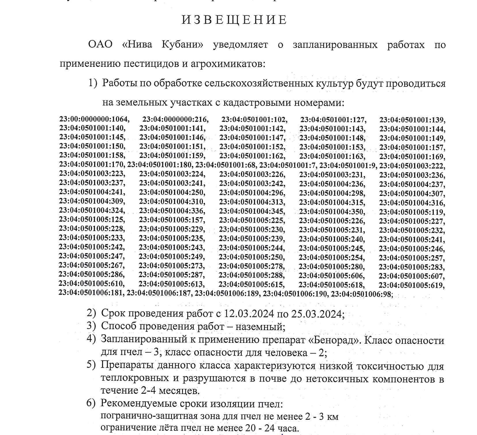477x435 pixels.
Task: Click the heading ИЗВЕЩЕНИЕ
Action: click(234, 20)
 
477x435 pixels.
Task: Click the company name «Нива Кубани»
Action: click(163, 45)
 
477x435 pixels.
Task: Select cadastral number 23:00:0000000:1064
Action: click(94, 119)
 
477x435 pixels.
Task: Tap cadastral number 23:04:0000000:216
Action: click(175, 119)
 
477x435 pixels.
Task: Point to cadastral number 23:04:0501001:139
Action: click(412, 120)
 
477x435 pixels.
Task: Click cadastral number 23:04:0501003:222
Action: click(412, 166)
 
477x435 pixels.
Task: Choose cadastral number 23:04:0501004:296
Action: click(252, 192)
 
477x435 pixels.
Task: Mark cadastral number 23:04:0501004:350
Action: click(332, 212)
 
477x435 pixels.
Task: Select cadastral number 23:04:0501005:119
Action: click(412, 212)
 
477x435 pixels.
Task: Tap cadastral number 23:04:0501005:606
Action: click(331, 276)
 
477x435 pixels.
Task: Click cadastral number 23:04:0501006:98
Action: click(362, 294)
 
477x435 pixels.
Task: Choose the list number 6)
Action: click(91, 403)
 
